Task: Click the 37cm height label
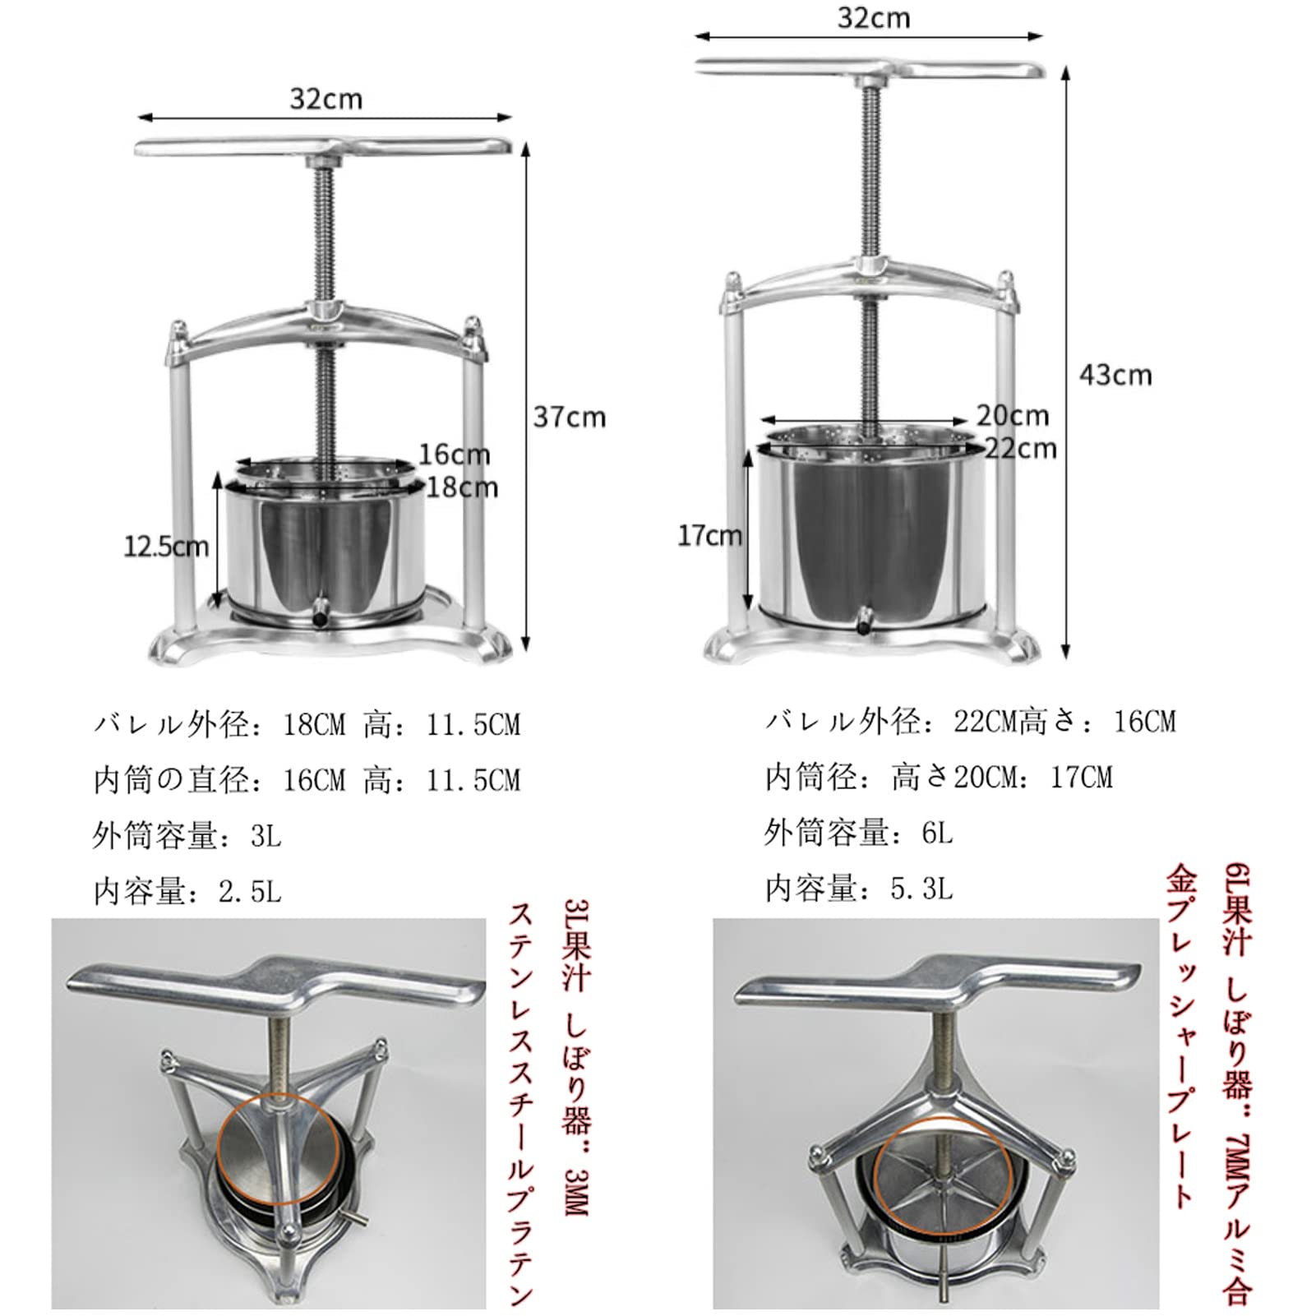569,417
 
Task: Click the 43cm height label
1115,375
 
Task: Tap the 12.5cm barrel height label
165,547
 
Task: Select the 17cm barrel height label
709,536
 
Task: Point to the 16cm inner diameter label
454,454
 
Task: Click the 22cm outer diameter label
1020,449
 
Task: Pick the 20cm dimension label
1012,415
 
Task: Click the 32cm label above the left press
326,99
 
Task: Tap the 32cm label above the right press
873,18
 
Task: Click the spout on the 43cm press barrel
865,622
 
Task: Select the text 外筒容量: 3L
187,836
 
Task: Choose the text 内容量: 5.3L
858,889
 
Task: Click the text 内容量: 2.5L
187,892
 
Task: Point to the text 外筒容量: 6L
858,833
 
